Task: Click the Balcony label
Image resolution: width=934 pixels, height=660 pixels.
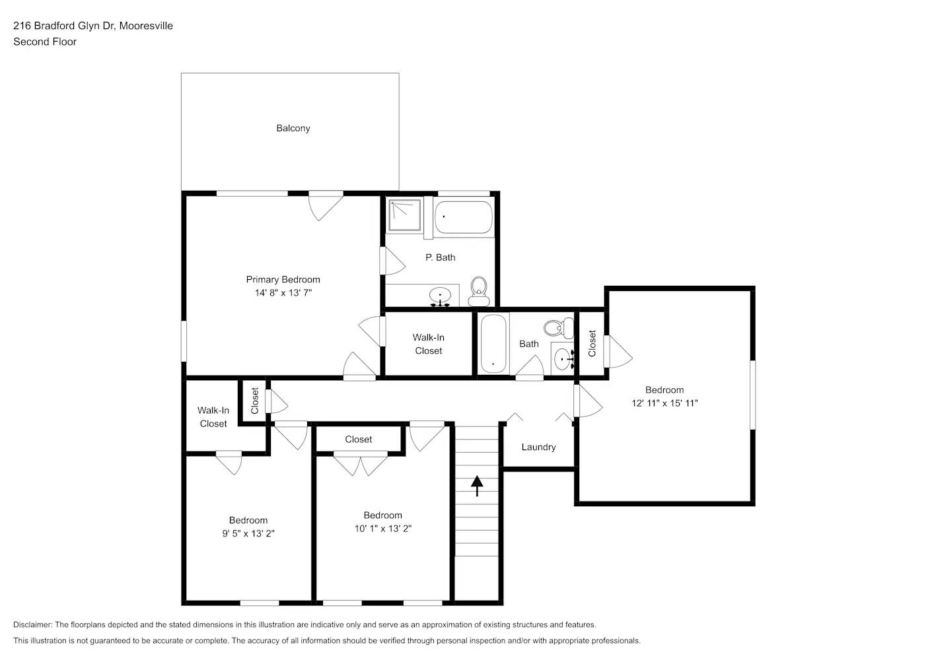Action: pyautogui.click(x=293, y=128)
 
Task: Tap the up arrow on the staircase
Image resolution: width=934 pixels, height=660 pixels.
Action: pyautogui.click(x=476, y=486)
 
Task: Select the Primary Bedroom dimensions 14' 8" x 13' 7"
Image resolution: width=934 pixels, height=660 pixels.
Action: pyautogui.click(x=283, y=293)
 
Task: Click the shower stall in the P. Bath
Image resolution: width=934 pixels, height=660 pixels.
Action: pyautogui.click(x=404, y=215)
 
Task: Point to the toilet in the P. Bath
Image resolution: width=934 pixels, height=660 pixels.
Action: pyautogui.click(x=479, y=290)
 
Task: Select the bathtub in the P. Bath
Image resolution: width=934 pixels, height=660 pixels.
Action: pyautogui.click(x=464, y=216)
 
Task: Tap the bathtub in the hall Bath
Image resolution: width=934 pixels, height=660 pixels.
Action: pyautogui.click(x=493, y=344)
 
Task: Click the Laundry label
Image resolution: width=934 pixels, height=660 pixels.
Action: pyautogui.click(x=538, y=447)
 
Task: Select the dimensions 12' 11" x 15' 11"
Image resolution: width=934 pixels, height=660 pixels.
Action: pyautogui.click(x=665, y=403)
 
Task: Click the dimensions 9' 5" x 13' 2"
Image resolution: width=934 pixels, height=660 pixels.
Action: pyautogui.click(x=248, y=533)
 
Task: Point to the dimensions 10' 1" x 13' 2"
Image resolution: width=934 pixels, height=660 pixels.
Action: pyautogui.click(x=382, y=529)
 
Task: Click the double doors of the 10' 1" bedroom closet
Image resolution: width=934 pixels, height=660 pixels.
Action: pyautogui.click(x=360, y=463)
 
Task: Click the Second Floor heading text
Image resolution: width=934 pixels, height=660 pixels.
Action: pyautogui.click(x=45, y=42)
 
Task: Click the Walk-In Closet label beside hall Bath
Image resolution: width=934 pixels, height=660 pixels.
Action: pyautogui.click(x=428, y=344)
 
